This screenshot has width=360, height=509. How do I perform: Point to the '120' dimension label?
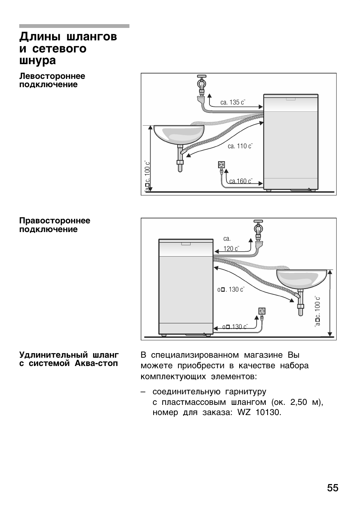[231, 249]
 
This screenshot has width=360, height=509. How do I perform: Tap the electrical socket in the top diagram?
[222, 165]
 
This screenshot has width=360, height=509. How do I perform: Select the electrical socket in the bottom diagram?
[262, 311]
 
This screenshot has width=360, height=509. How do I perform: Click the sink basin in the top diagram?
[178, 134]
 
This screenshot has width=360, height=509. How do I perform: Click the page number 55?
[332, 488]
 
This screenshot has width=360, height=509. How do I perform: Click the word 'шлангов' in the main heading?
[92, 37]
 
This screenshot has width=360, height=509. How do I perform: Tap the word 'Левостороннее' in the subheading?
[52, 76]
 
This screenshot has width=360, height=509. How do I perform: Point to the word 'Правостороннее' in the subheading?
[55, 221]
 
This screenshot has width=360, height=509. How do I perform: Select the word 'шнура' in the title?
[37, 60]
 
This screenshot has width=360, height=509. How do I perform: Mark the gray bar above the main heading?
[74, 26]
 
